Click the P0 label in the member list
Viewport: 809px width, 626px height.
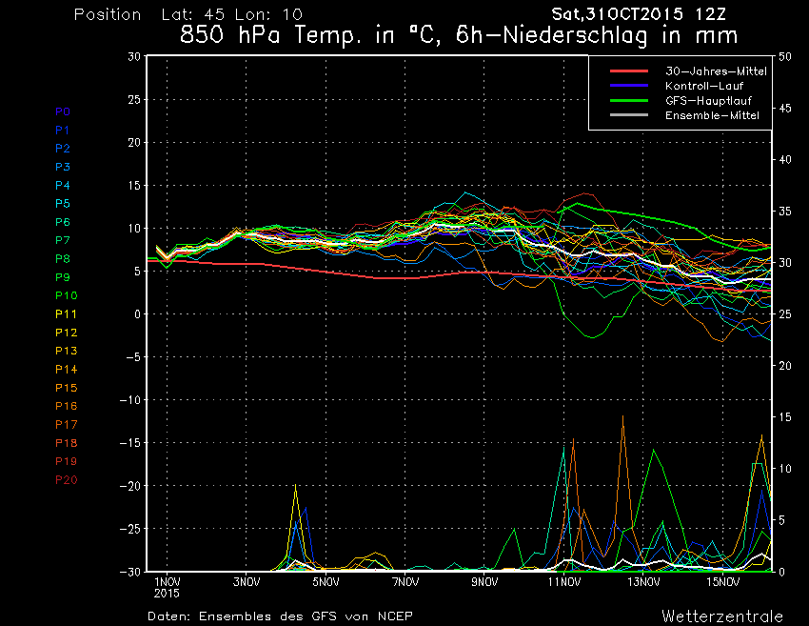click(x=63, y=111)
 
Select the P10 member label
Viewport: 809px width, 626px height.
click(x=66, y=295)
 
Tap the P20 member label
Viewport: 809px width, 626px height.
click(x=66, y=479)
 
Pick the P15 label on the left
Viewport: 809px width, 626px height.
click(x=66, y=388)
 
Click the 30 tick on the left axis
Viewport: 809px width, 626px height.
click(x=134, y=56)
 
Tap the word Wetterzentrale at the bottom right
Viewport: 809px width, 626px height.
click(x=722, y=616)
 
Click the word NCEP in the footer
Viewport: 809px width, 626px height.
click(x=393, y=616)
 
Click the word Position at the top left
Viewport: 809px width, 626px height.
click(x=108, y=15)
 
